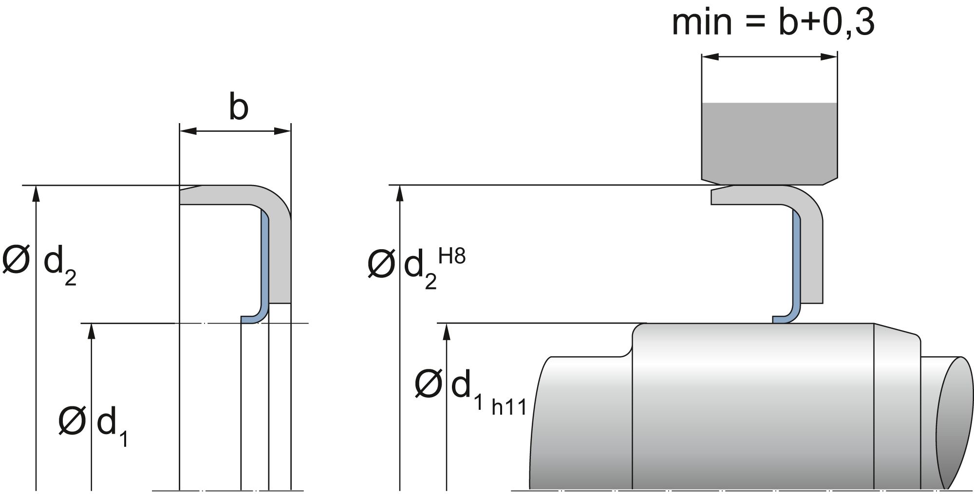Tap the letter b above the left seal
[x=238, y=108]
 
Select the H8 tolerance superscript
[x=452, y=256]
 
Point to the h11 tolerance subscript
[x=509, y=407]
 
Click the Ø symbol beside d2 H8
[x=380, y=265]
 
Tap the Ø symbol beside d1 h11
[x=428, y=384]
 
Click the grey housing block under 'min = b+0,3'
[x=769, y=141]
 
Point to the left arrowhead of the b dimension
[x=187, y=130]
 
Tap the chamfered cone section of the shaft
[x=897, y=409]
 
